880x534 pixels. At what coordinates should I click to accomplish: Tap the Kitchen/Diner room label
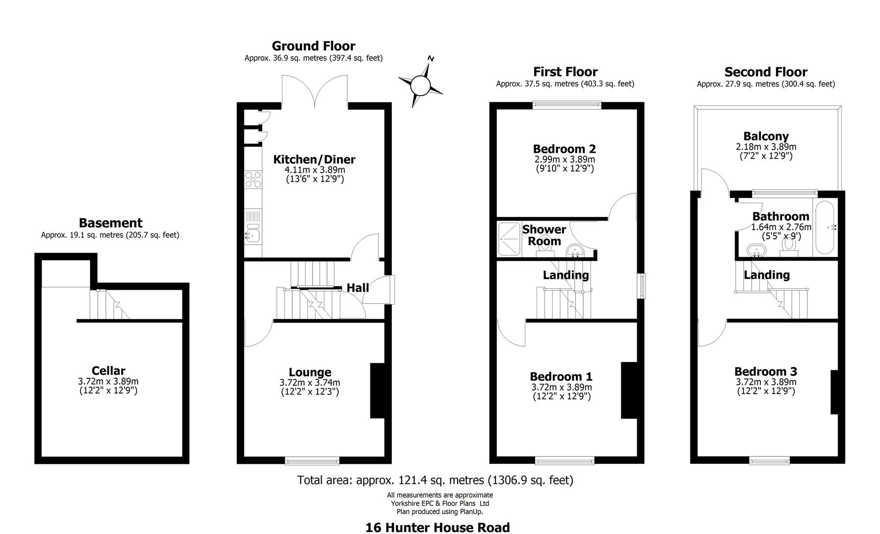(x=314, y=160)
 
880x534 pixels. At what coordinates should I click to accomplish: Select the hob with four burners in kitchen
(x=253, y=179)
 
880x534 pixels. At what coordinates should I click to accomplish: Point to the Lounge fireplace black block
(x=377, y=391)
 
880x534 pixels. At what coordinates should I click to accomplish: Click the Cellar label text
(x=108, y=371)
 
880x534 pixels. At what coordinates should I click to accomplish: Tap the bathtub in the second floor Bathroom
(x=825, y=227)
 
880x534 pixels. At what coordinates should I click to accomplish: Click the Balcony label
(x=766, y=136)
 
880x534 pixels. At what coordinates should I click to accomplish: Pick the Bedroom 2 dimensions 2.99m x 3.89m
(x=564, y=160)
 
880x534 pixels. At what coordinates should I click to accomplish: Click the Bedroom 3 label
(x=765, y=372)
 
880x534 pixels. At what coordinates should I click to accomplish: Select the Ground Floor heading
(x=313, y=46)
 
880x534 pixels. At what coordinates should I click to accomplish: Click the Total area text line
(x=435, y=480)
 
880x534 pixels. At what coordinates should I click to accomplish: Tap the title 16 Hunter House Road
(x=437, y=528)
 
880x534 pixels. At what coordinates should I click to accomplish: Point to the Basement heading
(x=110, y=223)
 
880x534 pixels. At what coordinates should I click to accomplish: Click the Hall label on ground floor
(x=357, y=288)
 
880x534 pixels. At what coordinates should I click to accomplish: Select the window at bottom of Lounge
(x=312, y=461)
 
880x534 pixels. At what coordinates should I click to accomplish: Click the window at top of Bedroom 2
(x=567, y=104)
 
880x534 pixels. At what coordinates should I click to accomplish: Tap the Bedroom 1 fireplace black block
(x=629, y=391)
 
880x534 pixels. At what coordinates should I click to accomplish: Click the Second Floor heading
(x=766, y=72)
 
